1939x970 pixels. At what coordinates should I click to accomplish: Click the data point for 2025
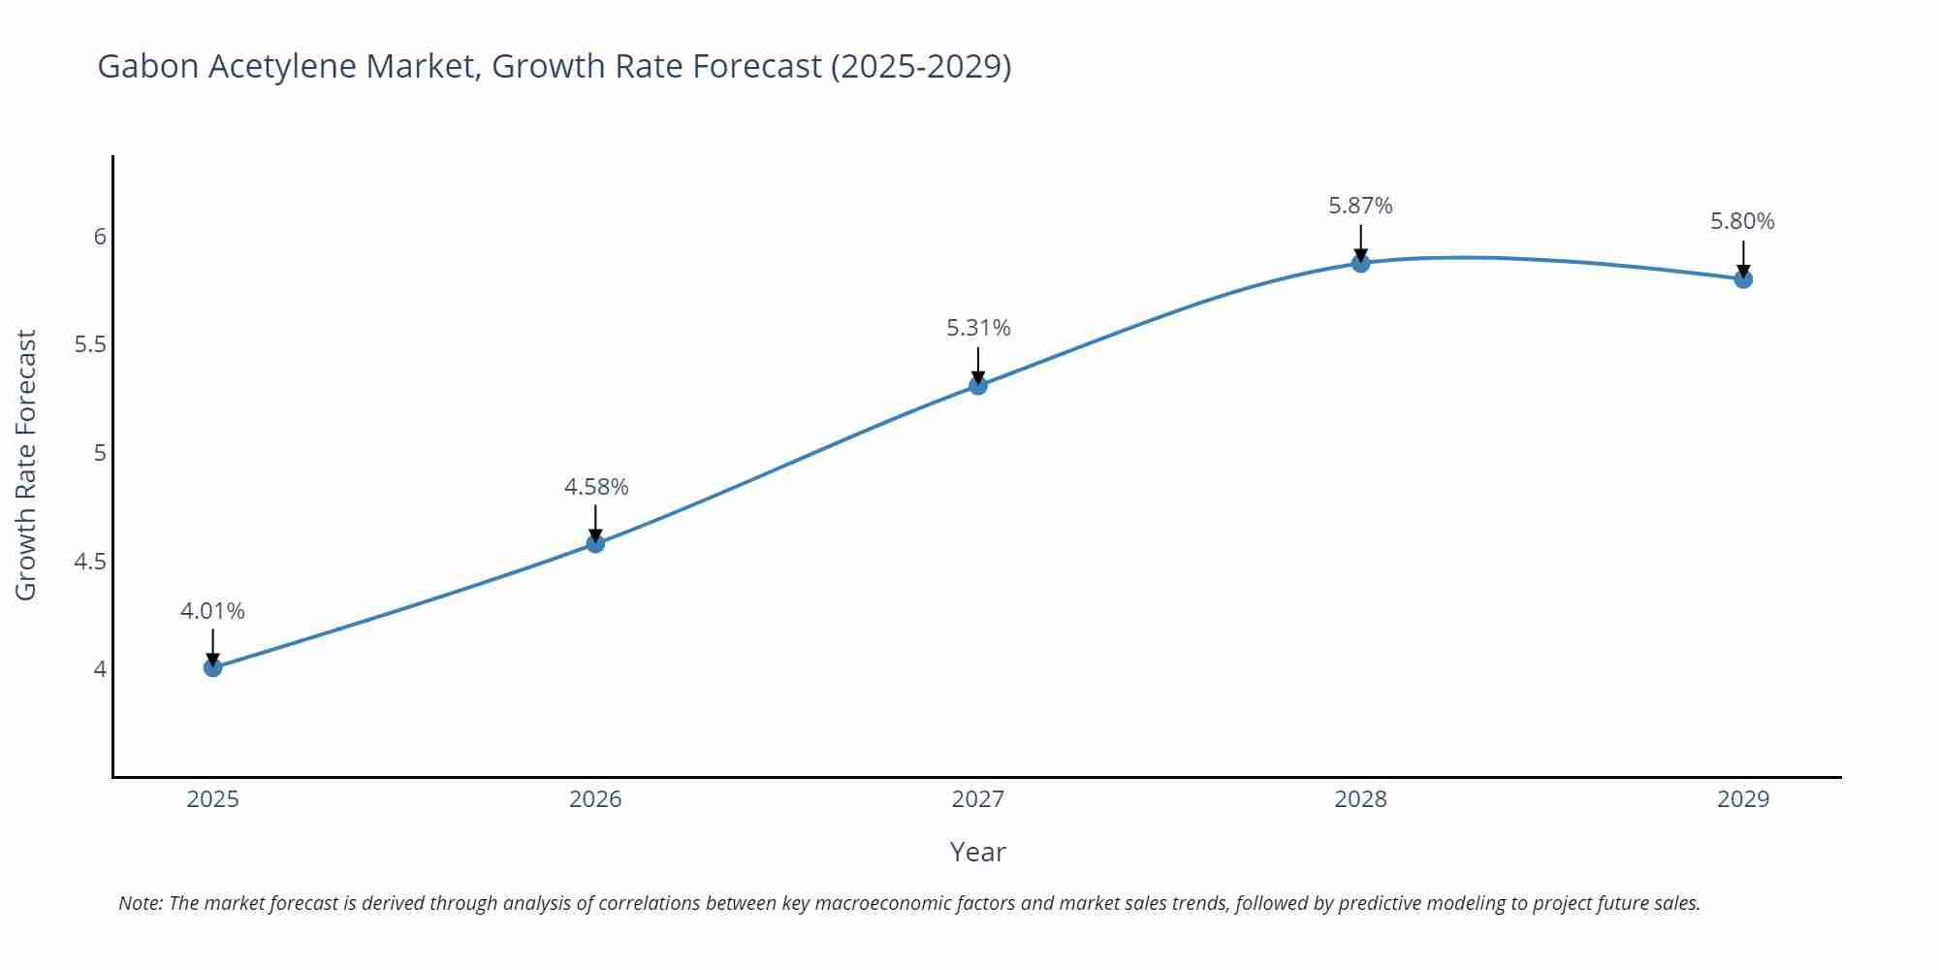(213, 667)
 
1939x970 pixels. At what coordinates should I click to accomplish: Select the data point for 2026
(595, 544)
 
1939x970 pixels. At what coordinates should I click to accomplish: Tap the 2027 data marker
(978, 386)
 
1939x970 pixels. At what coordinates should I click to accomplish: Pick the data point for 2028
(1360, 263)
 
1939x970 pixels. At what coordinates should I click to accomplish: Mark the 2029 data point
(1743, 279)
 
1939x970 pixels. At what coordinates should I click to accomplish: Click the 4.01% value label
(212, 611)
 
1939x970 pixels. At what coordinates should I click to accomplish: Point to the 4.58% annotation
(596, 487)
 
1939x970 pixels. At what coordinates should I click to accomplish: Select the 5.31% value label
(978, 328)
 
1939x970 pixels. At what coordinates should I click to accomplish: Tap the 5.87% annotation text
(1360, 206)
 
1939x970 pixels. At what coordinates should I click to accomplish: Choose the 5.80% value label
(1742, 221)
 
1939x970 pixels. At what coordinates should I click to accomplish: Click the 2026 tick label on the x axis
(595, 799)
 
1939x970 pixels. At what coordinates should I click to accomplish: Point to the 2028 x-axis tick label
(1360, 799)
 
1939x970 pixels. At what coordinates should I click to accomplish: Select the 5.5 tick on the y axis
(90, 345)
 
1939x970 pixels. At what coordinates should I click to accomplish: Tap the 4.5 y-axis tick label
(90, 562)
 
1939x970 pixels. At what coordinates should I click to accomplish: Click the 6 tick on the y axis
(100, 237)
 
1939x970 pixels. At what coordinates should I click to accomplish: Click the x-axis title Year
(977, 852)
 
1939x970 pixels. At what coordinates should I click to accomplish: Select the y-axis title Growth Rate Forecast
(26, 465)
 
